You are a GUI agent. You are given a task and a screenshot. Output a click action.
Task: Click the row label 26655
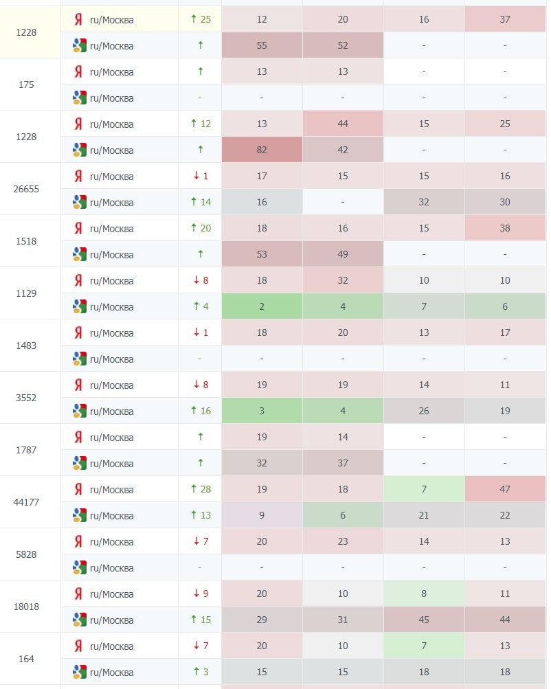tap(26, 189)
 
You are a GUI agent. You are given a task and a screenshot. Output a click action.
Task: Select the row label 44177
tap(26, 502)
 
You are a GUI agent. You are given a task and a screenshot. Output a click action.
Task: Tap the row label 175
tap(26, 84)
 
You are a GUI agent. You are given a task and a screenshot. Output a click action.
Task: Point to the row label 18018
tap(26, 607)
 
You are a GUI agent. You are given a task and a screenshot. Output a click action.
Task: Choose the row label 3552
tap(26, 398)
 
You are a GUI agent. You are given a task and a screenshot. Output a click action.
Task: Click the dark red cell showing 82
tap(262, 150)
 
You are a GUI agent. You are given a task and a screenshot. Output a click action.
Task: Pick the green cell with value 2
tap(262, 306)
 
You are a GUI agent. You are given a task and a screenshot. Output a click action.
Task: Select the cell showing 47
tap(505, 489)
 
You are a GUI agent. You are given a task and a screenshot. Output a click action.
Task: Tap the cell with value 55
tap(262, 45)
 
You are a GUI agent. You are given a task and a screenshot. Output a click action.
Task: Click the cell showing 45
tap(424, 620)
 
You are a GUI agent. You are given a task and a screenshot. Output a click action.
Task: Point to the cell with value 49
tap(343, 254)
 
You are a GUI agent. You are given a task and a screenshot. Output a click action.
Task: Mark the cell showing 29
tap(262, 620)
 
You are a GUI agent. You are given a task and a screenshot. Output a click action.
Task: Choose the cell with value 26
tap(424, 411)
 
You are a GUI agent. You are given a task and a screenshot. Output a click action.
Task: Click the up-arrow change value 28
tap(201, 489)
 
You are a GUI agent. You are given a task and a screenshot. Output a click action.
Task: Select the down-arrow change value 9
tap(201, 594)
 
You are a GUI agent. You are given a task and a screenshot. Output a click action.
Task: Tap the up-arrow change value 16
tap(201, 411)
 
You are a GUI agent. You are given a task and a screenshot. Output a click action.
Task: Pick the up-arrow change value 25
tap(201, 19)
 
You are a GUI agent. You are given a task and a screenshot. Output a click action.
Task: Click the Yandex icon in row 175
tap(78, 71)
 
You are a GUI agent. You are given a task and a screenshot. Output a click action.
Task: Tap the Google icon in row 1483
tap(80, 359)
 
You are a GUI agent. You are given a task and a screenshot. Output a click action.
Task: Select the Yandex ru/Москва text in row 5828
tap(112, 541)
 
